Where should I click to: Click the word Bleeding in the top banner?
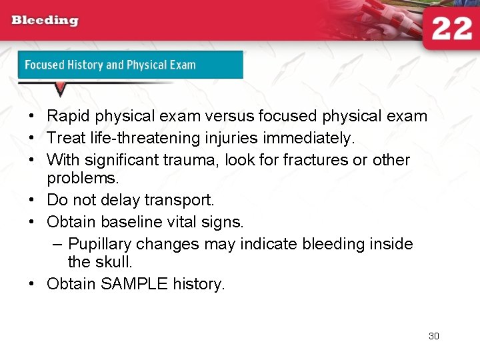(45, 20)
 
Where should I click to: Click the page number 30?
(434, 336)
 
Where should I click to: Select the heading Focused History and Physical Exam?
(110, 65)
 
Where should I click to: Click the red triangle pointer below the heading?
(60, 88)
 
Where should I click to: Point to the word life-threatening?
(148, 138)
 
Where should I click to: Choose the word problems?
(78, 179)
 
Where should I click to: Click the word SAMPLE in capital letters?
(134, 284)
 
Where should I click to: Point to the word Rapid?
(69, 116)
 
